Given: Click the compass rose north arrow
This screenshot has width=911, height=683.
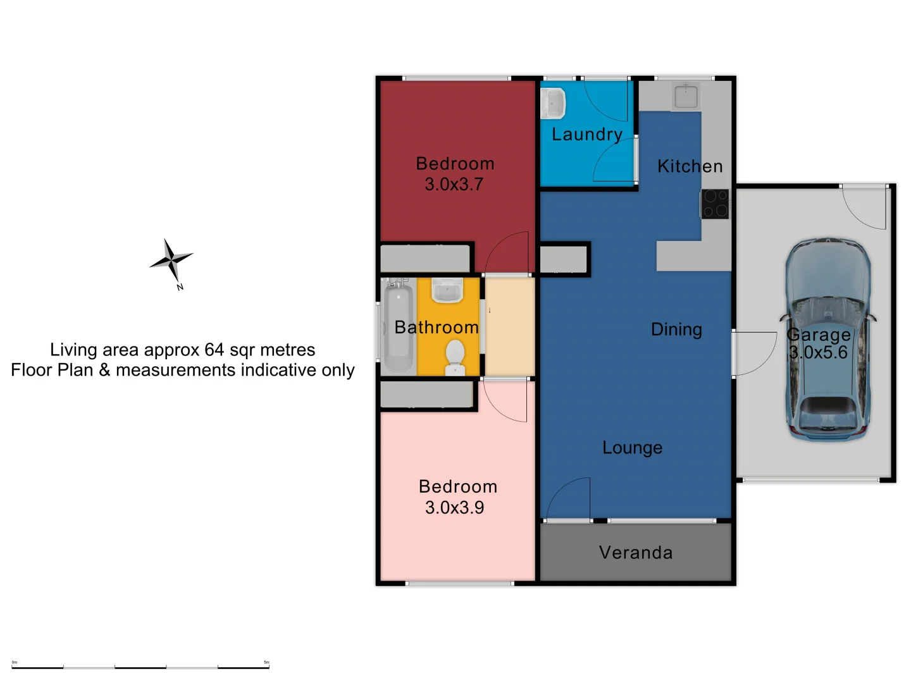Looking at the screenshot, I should tap(171, 260).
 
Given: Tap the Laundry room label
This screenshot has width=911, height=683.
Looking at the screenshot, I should tap(587, 134).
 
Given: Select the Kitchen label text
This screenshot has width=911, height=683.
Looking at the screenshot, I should tap(690, 166).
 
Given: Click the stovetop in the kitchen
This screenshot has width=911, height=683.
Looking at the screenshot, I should tap(715, 204).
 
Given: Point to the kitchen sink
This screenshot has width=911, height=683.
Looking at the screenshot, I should tap(686, 96).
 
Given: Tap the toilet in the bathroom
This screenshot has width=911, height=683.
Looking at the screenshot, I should tap(455, 357).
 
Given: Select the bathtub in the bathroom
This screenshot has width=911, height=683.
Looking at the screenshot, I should tap(399, 326).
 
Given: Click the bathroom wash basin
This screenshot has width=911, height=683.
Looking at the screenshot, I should tap(447, 291).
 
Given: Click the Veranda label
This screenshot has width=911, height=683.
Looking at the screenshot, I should tap(636, 553).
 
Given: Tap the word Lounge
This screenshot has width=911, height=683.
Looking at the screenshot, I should tap(632, 448).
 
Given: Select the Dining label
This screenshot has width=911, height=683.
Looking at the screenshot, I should tap(676, 329).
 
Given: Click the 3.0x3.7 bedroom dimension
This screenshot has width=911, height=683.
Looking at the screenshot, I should tap(454, 185).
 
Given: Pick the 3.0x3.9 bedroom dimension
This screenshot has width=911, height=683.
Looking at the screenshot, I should tap(454, 508).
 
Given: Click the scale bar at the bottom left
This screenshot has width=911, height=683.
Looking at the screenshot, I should tap(140, 667).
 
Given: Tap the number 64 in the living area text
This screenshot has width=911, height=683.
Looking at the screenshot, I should tap(214, 350).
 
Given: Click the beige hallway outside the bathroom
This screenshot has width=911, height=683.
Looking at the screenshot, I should tap(510, 326).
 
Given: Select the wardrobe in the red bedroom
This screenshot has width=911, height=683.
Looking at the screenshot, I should tap(425, 259).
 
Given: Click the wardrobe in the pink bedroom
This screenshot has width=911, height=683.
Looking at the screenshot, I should tap(426, 395).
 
